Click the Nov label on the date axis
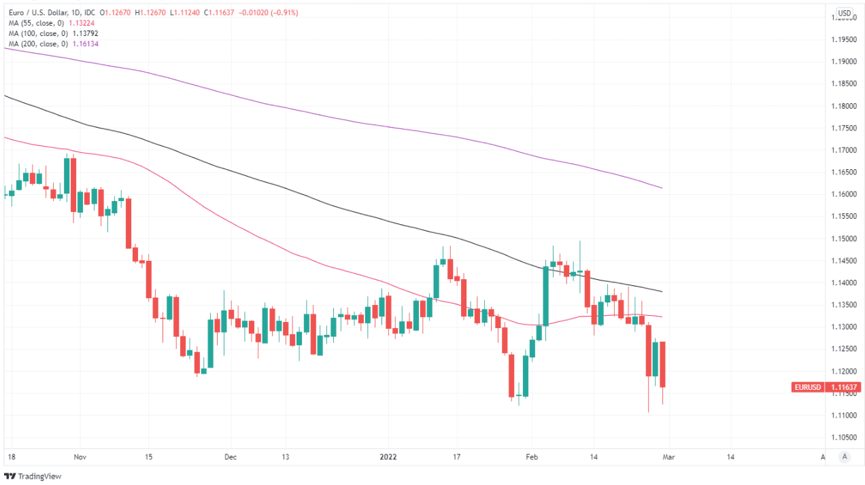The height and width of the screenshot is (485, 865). tap(80, 457)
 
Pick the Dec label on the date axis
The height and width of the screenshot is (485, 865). tap(231, 457)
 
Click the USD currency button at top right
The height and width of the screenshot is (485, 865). tap(844, 13)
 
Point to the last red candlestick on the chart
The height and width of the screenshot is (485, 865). tap(662, 365)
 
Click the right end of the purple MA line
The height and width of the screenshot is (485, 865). tap(662, 188)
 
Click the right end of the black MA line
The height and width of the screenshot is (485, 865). tap(662, 291)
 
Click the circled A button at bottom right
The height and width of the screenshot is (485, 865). tap(844, 457)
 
